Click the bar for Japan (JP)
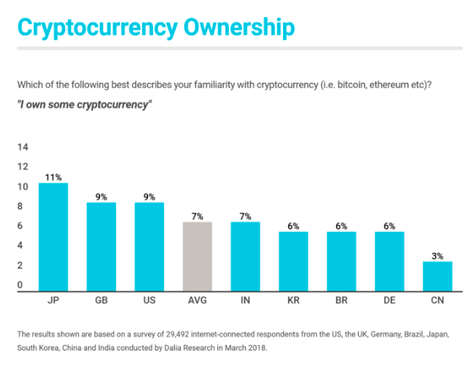pos(53,235)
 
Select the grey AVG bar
pos(197,255)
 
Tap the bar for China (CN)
pos(437,275)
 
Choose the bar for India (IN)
pos(245,255)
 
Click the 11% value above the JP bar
pos(53,177)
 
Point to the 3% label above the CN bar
pos(437,256)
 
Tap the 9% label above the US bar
pos(149,196)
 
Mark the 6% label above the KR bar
pos(293,226)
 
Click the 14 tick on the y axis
pos(22,147)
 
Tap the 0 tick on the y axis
pos(22,285)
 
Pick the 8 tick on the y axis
pos(22,207)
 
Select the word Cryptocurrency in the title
pos(94,27)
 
